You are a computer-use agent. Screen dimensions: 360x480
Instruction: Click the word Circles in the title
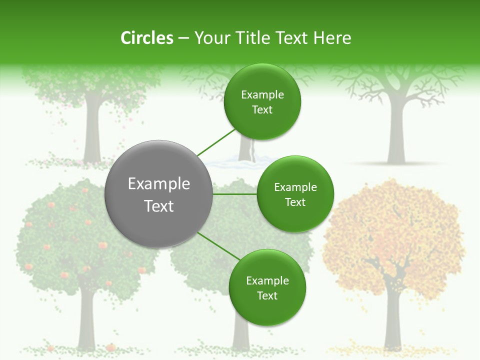click(x=146, y=38)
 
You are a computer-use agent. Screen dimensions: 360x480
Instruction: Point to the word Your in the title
click(x=211, y=38)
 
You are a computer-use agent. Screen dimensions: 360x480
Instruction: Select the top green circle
click(x=262, y=101)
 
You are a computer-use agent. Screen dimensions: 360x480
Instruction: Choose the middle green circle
click(x=295, y=194)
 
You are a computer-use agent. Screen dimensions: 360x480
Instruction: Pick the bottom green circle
click(x=267, y=287)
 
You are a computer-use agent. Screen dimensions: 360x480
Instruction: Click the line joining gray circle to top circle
click(x=216, y=143)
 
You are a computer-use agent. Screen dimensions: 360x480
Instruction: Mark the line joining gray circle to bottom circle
click(x=219, y=245)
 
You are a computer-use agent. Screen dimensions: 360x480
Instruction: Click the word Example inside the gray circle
click(x=159, y=184)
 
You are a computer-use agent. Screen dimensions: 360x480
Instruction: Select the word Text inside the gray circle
click(x=159, y=206)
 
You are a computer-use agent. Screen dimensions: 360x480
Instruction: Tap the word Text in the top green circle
click(x=262, y=110)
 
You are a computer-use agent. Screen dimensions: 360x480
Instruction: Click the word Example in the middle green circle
click(x=295, y=187)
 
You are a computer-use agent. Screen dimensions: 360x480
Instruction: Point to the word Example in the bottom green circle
click(x=267, y=281)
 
